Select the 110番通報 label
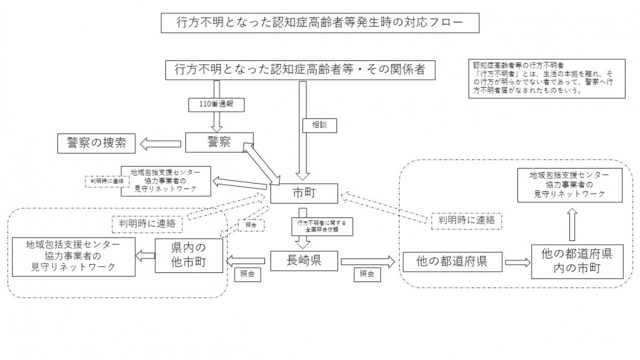coord(216,104)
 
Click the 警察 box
coord(219,143)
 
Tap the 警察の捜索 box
coord(97,143)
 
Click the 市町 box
coord(302,193)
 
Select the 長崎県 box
coord(302,261)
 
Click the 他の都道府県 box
coord(452,262)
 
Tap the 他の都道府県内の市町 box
coord(574,261)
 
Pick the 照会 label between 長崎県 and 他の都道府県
coord(366,274)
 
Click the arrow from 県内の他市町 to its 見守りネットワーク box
coord(145,256)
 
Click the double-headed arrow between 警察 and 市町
coord(263,161)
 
